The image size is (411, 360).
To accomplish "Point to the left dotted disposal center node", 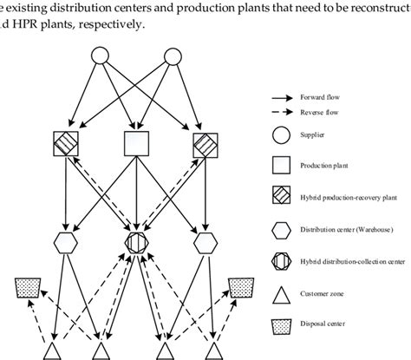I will [x=28, y=287].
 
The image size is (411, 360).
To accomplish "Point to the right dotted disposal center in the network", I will [x=240, y=287].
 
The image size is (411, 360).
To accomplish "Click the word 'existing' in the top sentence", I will [x=29, y=7].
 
